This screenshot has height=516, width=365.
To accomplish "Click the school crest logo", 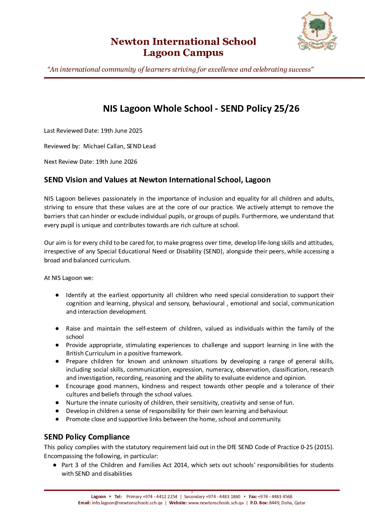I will [317, 31].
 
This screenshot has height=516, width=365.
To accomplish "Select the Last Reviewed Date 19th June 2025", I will [121, 131].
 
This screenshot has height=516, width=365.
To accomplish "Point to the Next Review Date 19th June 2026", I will [116, 162].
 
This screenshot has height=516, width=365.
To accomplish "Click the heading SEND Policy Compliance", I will [87, 437].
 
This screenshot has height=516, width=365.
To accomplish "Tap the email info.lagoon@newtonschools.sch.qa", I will [127, 503].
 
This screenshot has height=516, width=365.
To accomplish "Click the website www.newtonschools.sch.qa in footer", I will [216, 503].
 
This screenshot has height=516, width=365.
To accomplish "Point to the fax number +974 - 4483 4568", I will [275, 497].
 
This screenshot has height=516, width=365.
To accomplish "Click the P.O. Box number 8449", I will [274, 503].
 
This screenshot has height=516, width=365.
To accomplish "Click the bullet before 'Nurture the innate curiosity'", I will [58, 403].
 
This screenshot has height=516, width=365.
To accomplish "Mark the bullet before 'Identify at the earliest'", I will [58, 295].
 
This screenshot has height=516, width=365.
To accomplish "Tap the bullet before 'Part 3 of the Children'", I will [55, 465].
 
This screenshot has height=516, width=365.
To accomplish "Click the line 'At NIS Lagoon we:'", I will [69, 278].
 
